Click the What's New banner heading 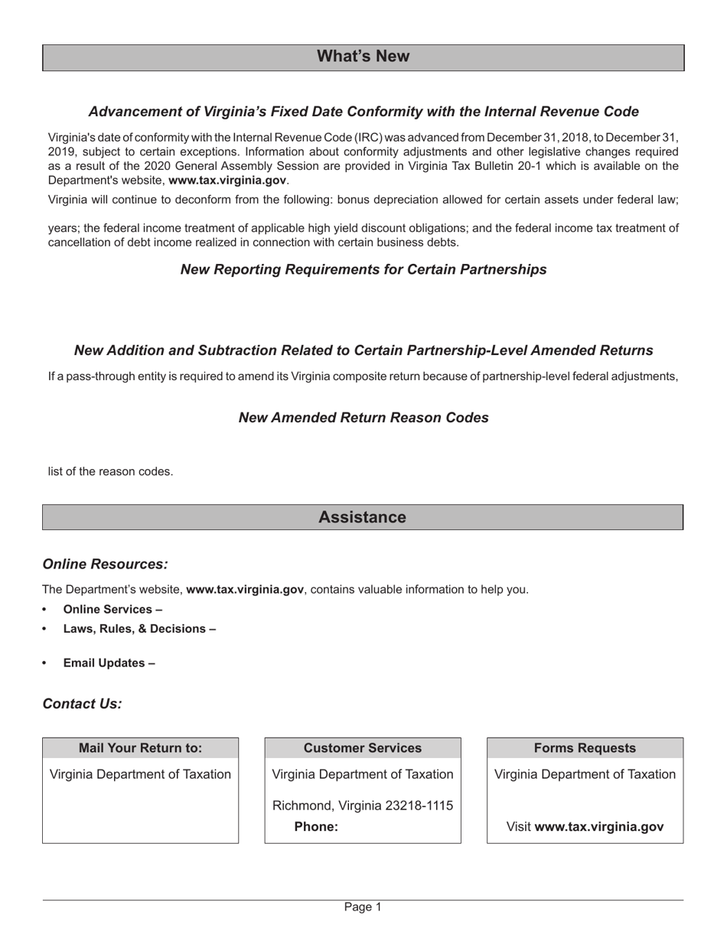point(363,57)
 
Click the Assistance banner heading point(362,517)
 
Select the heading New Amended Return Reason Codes point(363,418)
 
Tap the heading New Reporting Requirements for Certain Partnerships point(363,269)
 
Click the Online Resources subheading point(105,564)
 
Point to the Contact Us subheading point(82,704)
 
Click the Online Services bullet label point(112,610)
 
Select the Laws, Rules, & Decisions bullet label point(139,629)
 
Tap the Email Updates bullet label point(109,663)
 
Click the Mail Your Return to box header point(140,748)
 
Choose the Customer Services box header point(363,748)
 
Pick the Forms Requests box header point(585,748)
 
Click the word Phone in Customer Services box point(315,827)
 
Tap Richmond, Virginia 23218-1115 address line point(363,806)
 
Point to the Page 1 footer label point(363,907)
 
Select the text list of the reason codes point(111,471)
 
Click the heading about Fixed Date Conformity point(363,112)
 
